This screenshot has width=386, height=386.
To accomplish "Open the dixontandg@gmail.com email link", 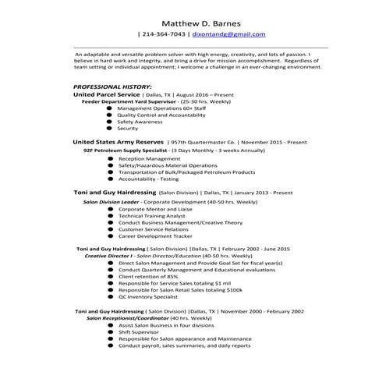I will [229, 35].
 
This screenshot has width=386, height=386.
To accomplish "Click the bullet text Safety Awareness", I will [140, 122].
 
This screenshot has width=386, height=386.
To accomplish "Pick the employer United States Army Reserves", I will [118, 143].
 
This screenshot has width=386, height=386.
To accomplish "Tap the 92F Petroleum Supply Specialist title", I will [124, 151].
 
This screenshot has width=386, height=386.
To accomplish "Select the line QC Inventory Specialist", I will [148, 297].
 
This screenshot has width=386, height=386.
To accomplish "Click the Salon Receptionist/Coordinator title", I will [126, 318].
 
